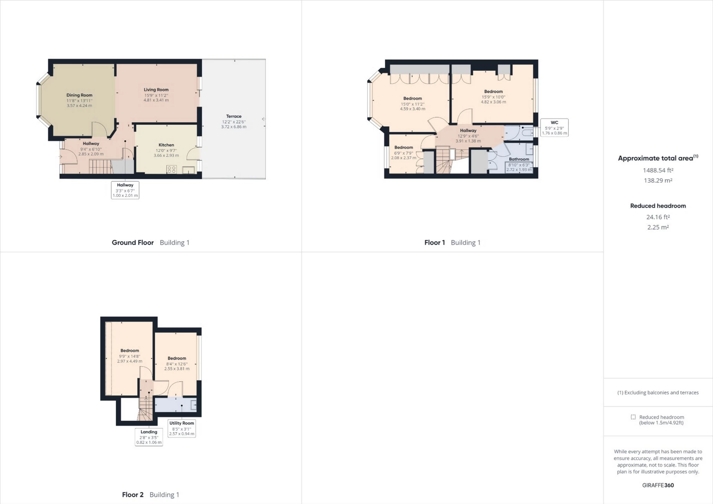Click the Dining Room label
point(79,95)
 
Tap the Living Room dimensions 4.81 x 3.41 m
point(156,100)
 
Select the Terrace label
point(234,116)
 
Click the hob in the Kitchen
point(172,170)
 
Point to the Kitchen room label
point(166,145)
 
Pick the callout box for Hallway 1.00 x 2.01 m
point(125,190)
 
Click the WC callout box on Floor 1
point(554,128)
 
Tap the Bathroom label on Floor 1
point(519,159)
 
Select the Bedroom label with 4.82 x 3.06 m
point(493,91)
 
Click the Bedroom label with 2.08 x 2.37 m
point(403,147)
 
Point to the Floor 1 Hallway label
point(468,130)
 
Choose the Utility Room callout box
point(182,428)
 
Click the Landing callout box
point(149,437)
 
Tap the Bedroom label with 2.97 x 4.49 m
point(130,351)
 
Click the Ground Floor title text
point(133,243)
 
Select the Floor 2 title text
point(133,495)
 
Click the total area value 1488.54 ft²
point(658,170)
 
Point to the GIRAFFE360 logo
point(658,485)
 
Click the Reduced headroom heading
point(658,206)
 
